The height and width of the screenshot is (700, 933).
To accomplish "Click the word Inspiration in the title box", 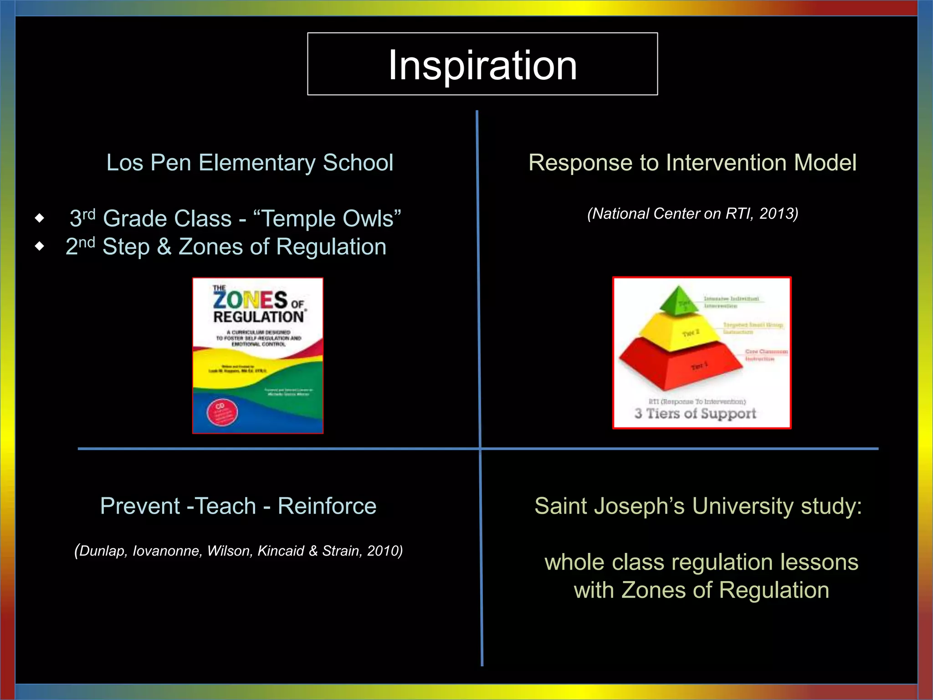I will [482, 66].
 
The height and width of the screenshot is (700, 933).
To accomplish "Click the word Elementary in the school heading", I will [257, 163].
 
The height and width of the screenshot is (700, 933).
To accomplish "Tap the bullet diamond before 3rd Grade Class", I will [40, 218].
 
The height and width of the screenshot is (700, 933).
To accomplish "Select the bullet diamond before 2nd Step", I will [40, 247].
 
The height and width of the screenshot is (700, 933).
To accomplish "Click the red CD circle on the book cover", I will [222, 412].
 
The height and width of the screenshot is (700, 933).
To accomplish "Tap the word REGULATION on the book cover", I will [258, 317].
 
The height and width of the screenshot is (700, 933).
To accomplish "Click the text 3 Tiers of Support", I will [695, 413].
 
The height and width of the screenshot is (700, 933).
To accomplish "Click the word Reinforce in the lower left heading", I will [327, 506].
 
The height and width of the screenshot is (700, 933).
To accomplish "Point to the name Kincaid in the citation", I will [281, 551].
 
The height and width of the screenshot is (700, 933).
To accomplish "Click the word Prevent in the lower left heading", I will [140, 506].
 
